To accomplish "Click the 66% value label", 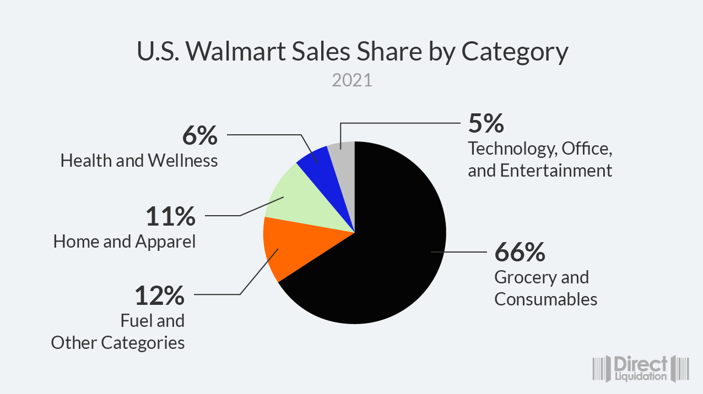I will [x=520, y=252].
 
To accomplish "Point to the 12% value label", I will [x=160, y=295].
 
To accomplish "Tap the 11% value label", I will [x=170, y=216].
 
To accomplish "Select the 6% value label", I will [x=199, y=135].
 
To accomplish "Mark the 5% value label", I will [x=486, y=123].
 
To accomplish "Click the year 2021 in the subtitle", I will [x=352, y=81].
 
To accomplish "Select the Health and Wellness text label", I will [x=139, y=161].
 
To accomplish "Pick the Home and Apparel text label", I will [x=125, y=242].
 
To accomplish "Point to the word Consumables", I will [x=545, y=299].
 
